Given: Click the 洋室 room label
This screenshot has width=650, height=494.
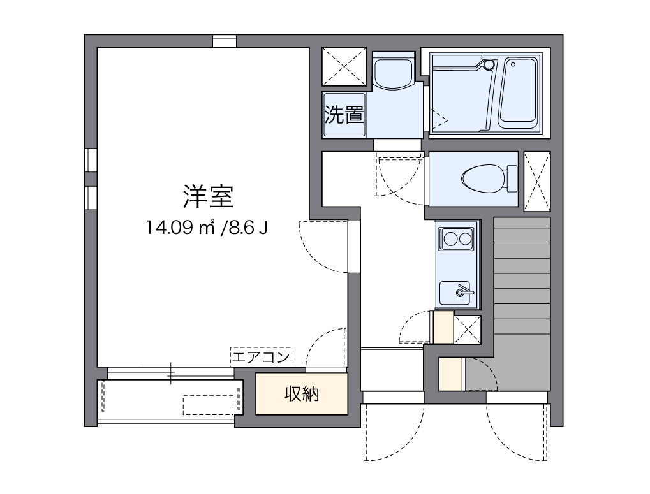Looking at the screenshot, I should point(209,197).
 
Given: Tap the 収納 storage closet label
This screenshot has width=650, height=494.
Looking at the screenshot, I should point(301,395).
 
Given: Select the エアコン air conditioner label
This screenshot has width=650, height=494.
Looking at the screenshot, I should point(261,357).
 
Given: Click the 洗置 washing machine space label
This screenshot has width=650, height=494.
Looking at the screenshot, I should point(344,115).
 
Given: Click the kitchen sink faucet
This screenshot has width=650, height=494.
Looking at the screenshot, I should point(462,292).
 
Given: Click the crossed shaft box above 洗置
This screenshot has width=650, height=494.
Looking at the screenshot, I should point(344,66).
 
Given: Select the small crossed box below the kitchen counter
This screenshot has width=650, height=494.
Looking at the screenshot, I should point(468,329).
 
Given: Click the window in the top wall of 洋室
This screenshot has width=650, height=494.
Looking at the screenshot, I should point(224,41).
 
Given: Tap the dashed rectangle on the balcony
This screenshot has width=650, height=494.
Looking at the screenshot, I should point(208,404).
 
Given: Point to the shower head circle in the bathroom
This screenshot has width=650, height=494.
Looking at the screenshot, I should point(489,64).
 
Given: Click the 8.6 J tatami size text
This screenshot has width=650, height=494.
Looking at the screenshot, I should point(244,228).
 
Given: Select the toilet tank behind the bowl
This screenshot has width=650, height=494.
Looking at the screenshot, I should point(512,179).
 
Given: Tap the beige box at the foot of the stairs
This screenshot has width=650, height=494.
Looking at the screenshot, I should point(451,374).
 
